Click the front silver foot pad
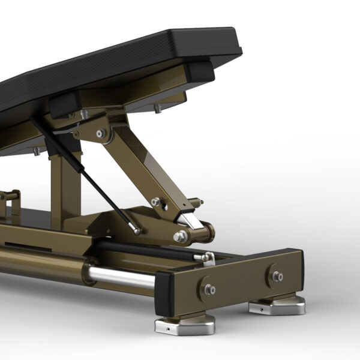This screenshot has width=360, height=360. click(x=184, y=326)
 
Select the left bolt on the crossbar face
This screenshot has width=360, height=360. click(x=209, y=289)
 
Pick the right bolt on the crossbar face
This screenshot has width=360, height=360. click(x=277, y=277)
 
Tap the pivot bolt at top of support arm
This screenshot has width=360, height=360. click(x=101, y=133)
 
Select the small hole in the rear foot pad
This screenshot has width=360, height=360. click(x=265, y=310)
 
